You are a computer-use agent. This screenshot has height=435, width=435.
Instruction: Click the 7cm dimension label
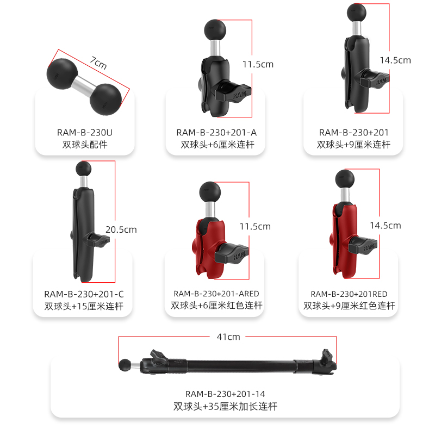(98, 63)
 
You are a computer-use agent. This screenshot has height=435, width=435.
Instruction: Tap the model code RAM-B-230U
(84, 132)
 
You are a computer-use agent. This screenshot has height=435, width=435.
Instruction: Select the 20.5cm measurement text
(121, 229)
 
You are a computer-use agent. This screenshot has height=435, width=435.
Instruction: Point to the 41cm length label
(227, 337)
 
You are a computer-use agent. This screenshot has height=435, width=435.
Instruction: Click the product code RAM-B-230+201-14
(225, 394)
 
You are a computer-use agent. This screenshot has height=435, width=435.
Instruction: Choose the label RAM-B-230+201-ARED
(216, 294)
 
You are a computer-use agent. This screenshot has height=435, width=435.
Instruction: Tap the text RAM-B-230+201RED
(349, 294)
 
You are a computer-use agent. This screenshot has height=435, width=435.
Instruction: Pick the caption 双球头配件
(84, 145)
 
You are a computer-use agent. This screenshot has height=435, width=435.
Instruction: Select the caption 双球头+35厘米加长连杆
(225, 406)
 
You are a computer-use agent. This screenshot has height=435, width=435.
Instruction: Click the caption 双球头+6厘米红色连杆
(216, 306)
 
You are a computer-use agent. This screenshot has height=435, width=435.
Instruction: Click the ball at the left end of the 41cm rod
(125, 363)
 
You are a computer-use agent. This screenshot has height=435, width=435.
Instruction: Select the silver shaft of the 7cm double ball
(84, 84)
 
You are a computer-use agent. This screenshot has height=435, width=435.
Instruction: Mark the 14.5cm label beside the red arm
(386, 225)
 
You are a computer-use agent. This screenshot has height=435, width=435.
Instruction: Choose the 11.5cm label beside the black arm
(258, 64)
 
